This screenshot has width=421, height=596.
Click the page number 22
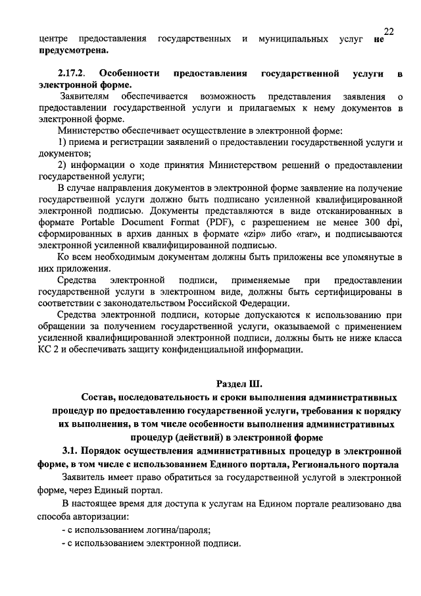coord(388,32)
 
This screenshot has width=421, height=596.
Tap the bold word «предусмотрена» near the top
coord(73,51)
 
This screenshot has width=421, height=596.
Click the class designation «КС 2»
coord(51,350)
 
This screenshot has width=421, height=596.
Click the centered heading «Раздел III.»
coord(239,383)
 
